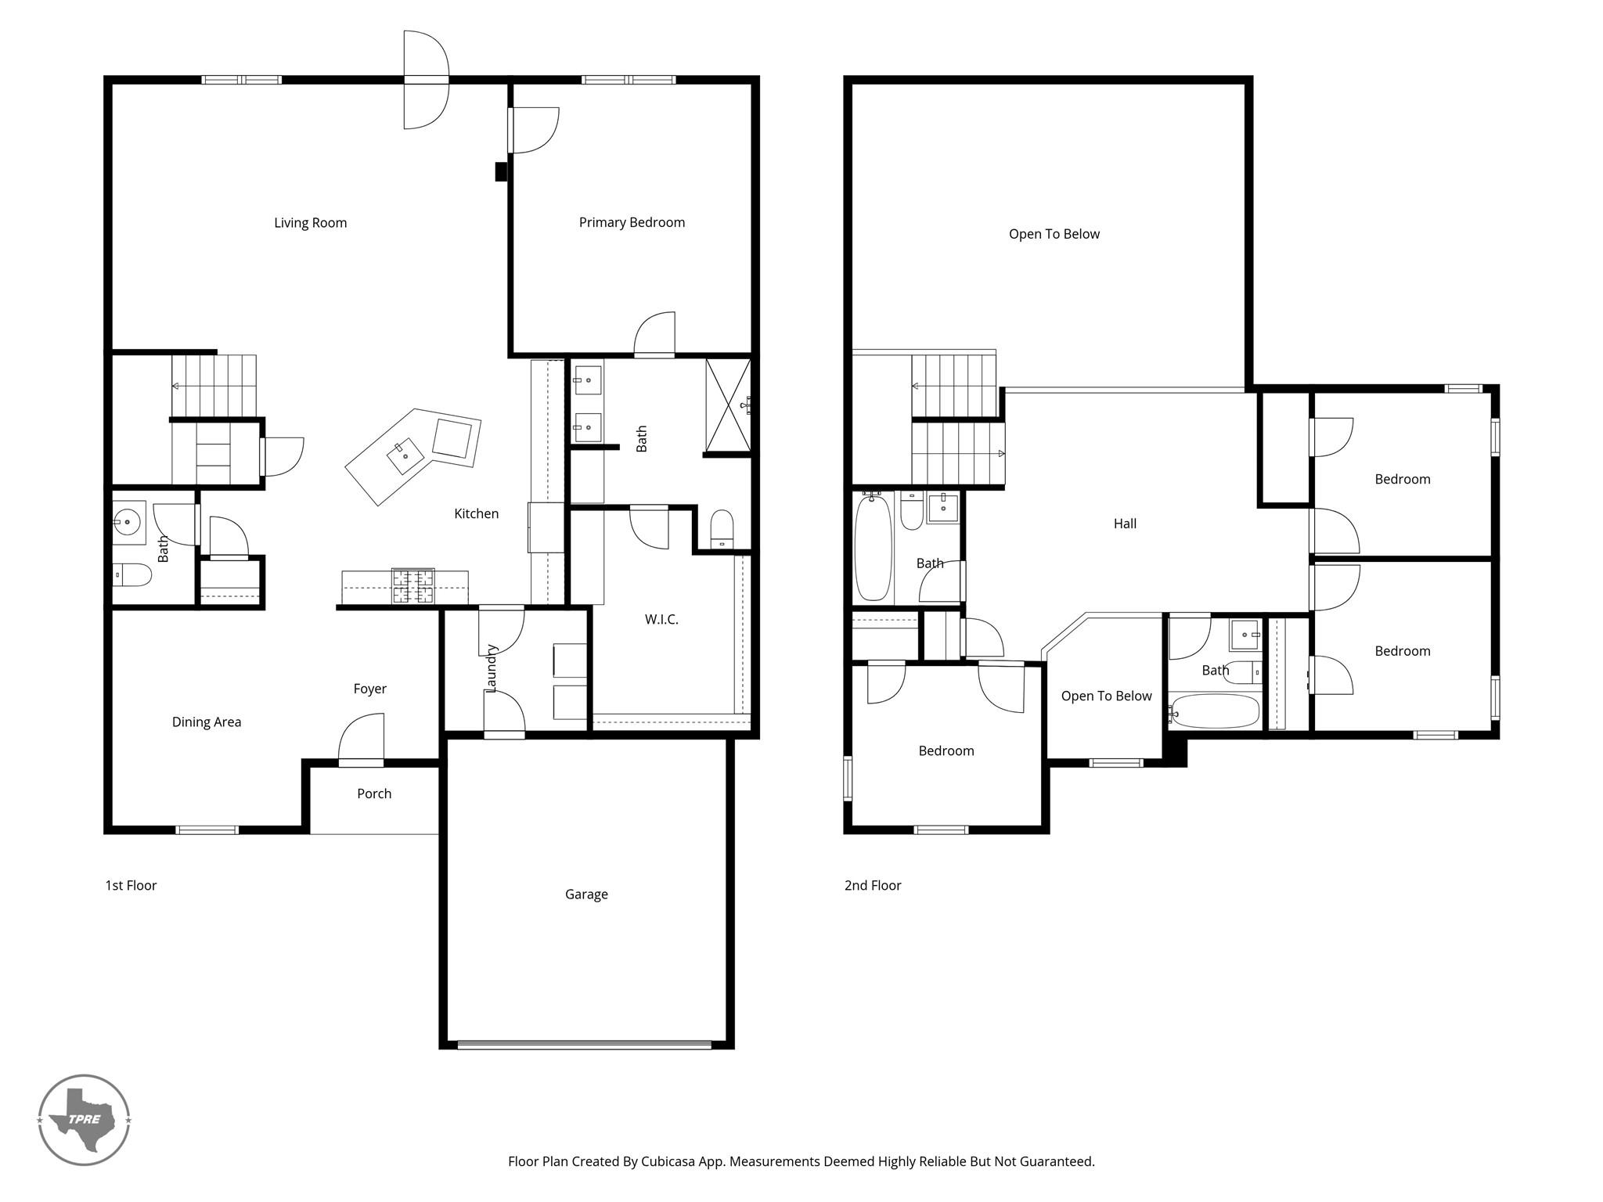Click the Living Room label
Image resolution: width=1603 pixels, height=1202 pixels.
310,223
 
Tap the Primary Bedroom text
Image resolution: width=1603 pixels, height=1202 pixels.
632,223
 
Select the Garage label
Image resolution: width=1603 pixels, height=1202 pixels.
586,894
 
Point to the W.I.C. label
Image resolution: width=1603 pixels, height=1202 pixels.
661,620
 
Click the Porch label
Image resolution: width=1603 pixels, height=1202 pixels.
374,794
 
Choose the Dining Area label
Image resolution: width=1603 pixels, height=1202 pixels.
207,722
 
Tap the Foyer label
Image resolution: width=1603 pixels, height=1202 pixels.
369,689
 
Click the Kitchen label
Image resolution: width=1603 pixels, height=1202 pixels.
477,513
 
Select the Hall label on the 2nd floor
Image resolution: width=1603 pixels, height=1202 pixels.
1125,524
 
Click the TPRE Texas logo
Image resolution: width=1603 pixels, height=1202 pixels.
84,1119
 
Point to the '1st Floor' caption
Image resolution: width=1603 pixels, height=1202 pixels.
131,885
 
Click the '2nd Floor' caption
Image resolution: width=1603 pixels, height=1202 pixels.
873,885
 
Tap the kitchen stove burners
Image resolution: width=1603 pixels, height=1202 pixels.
412,586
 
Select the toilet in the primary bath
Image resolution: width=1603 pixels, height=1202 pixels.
721,530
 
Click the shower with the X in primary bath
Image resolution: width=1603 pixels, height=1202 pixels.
728,405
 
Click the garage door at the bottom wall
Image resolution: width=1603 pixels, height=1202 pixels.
585,1044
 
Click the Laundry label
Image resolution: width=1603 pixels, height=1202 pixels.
492,668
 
